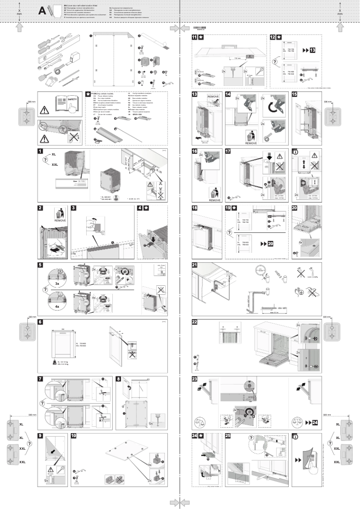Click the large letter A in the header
coord(43,11)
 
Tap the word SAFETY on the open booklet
coord(72,99)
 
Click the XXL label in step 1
coord(55,165)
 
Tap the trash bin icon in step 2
coord(60,212)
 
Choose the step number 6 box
coord(40,322)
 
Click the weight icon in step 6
coord(55,362)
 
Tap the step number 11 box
coord(194,37)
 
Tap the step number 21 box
coord(194,265)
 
